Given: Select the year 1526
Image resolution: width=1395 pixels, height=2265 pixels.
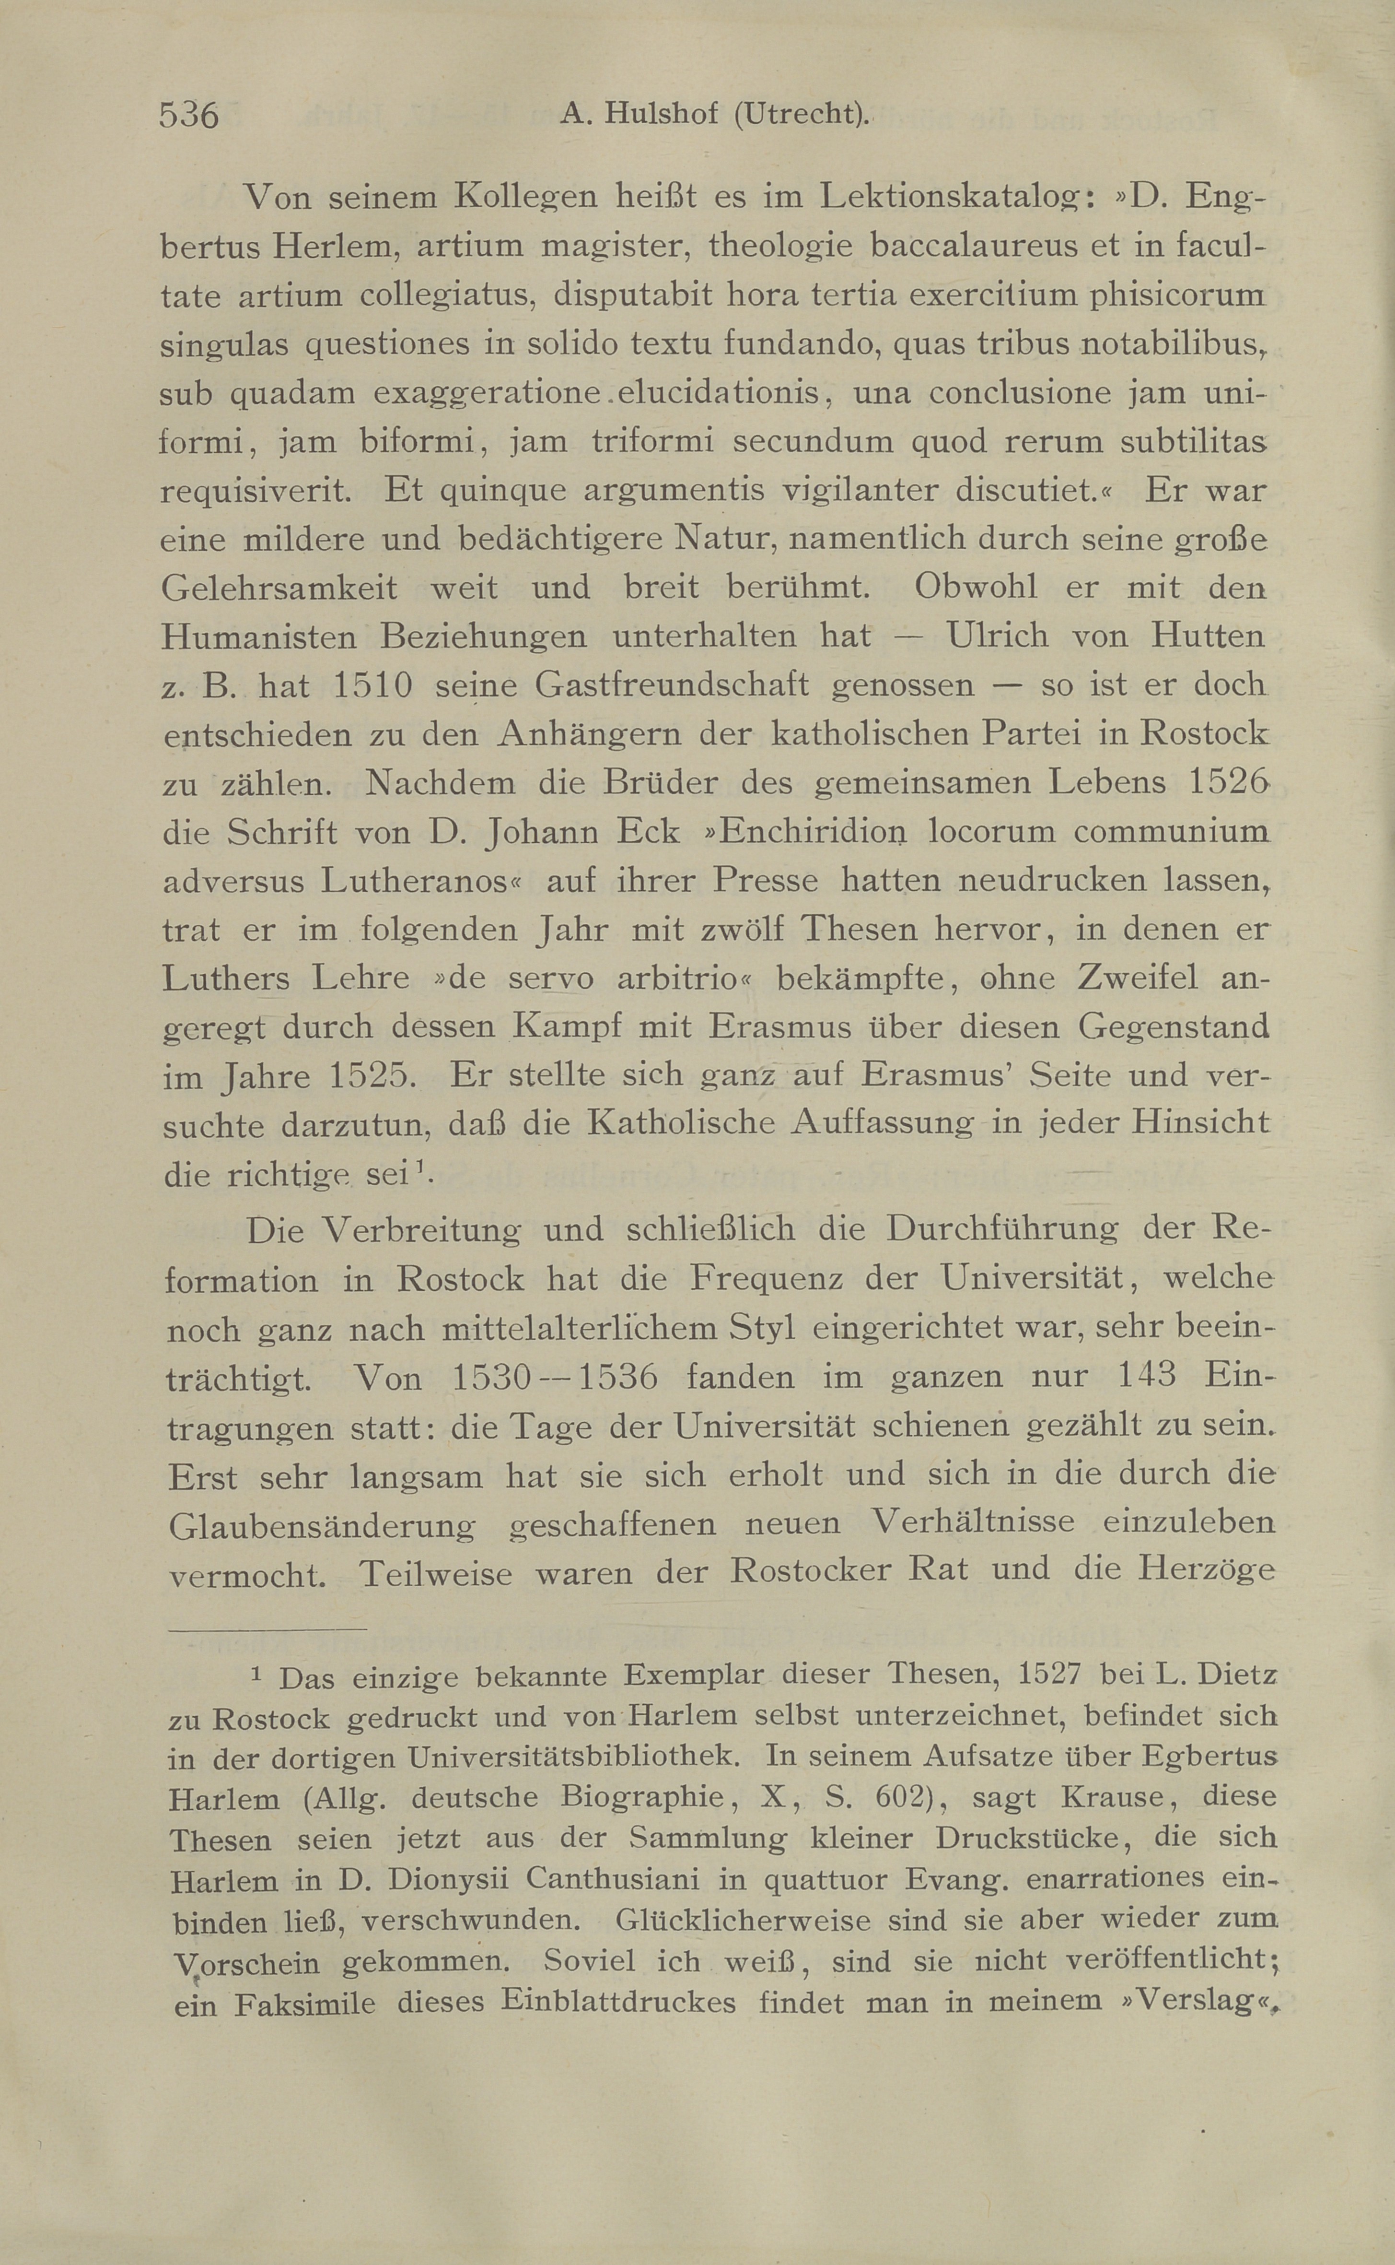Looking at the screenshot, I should (x=1227, y=783).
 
